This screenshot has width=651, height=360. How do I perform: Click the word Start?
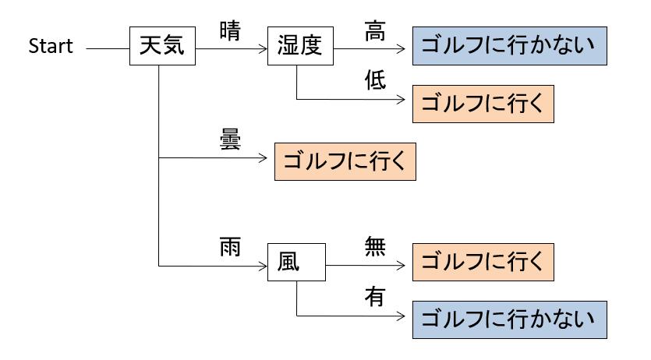click(51, 47)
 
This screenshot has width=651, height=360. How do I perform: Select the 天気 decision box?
click(162, 47)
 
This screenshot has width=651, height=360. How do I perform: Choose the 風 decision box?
click(297, 263)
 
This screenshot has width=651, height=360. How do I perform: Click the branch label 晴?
click(230, 32)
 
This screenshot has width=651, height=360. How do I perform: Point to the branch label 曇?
click(230, 141)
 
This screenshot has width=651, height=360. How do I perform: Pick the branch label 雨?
click(230, 247)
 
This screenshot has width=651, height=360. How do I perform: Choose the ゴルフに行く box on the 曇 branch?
click(345, 162)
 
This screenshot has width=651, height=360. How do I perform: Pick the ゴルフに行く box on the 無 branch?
click(483, 263)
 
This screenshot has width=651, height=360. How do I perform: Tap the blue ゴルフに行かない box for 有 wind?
click(509, 319)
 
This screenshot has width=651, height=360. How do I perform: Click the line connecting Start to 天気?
click(108, 48)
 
